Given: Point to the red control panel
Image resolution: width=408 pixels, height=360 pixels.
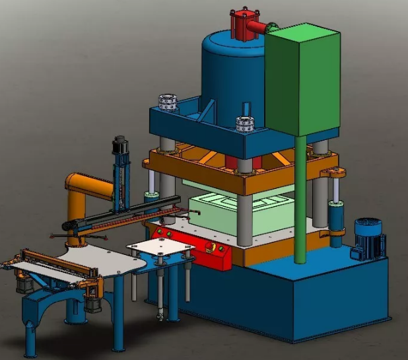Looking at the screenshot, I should (x=191, y=244).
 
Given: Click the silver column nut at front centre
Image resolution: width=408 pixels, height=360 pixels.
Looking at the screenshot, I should (x=246, y=123).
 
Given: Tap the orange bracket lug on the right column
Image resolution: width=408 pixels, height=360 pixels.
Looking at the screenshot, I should (x=333, y=173).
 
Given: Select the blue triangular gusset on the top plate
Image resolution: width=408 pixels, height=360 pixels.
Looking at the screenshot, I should (x=210, y=109).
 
